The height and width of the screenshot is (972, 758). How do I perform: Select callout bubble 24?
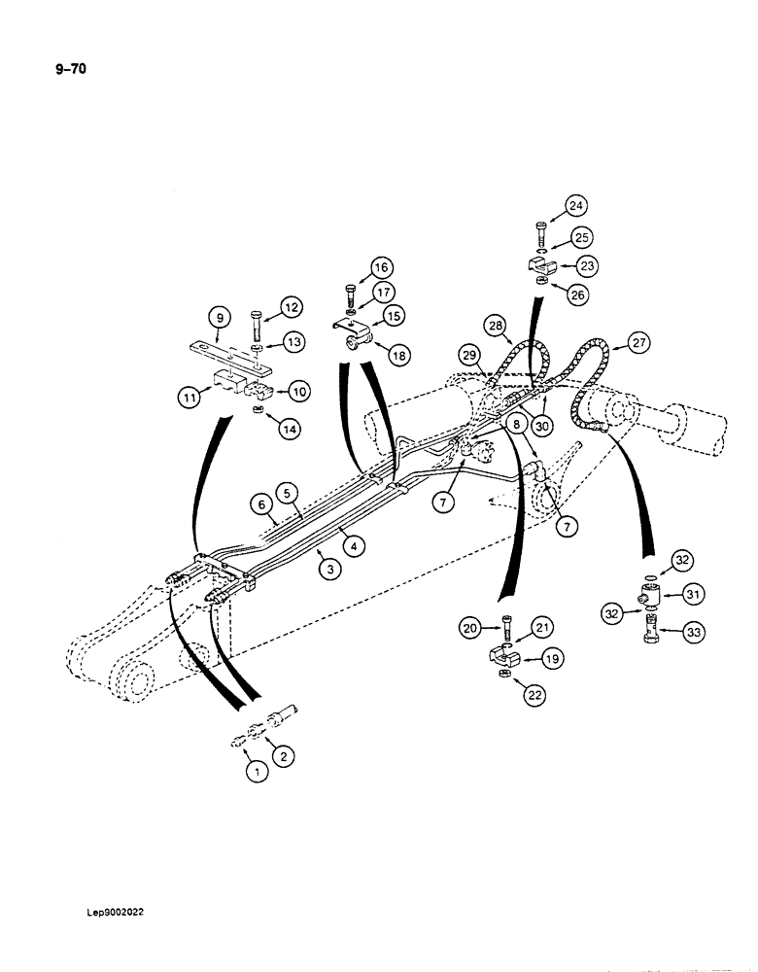(576, 205)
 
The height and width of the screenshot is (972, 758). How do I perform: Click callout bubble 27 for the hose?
(637, 341)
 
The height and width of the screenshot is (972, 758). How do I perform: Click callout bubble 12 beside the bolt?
(291, 307)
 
